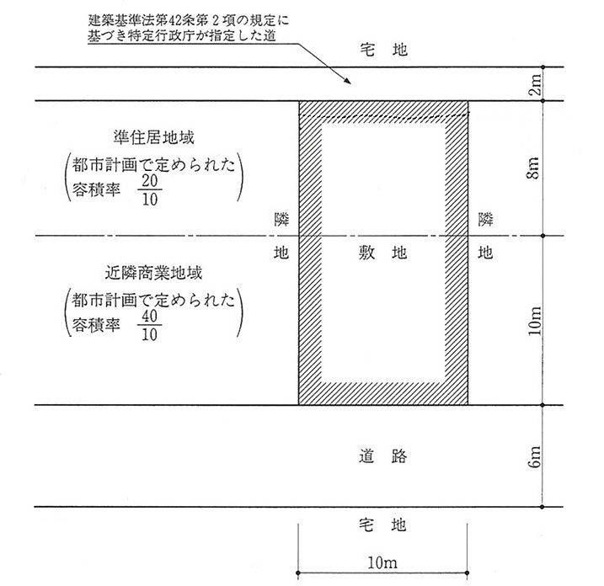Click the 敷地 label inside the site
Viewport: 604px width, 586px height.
click(x=383, y=251)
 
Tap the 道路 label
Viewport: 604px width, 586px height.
click(x=383, y=456)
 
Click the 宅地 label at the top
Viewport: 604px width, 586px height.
click(x=383, y=50)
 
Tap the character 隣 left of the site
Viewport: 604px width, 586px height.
click(x=281, y=220)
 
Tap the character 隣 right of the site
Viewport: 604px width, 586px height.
click(x=485, y=220)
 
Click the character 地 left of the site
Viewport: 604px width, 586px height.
click(x=281, y=251)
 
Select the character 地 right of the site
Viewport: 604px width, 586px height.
click(x=485, y=251)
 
